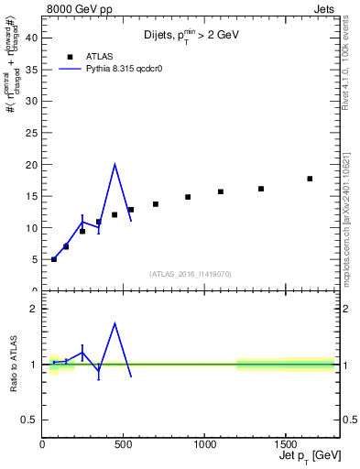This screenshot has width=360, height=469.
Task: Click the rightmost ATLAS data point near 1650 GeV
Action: pyautogui.click(x=310, y=179)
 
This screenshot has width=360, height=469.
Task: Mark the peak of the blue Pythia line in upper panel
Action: pyautogui.click(x=115, y=165)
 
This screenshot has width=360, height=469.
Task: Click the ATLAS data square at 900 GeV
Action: pyautogui.click(x=188, y=197)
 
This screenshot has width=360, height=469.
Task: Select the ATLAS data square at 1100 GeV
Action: pyautogui.click(x=221, y=191)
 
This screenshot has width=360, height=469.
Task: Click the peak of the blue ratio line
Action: pyautogui.click(x=115, y=323)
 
